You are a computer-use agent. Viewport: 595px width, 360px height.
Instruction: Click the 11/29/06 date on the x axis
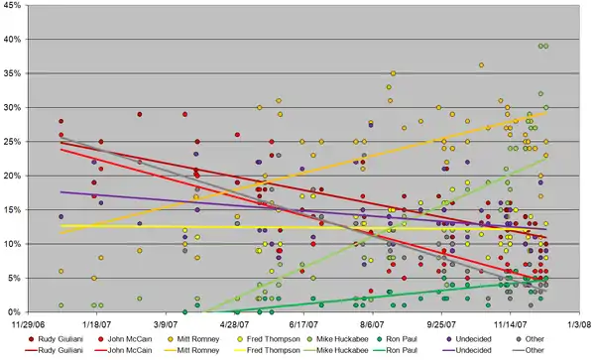(28, 322)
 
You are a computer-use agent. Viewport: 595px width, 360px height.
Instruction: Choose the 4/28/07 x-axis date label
(234, 322)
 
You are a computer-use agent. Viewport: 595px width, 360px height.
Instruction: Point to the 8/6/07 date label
(372, 322)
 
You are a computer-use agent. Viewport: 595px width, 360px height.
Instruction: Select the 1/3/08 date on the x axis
(578, 322)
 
